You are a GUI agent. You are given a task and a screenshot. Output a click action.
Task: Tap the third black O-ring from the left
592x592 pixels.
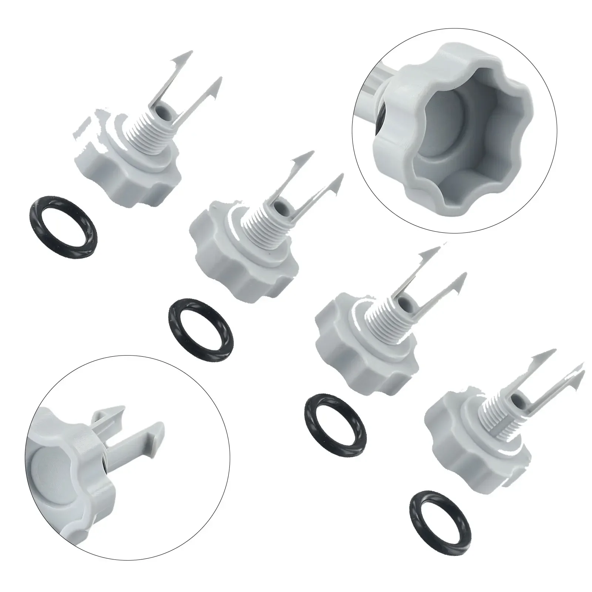click(x=336, y=417)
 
